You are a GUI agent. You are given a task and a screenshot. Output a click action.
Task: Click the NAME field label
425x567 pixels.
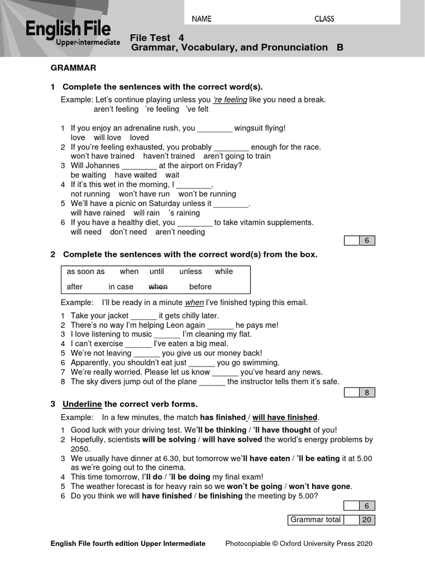click(201, 19)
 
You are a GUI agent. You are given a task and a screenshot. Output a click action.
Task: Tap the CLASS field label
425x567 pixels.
click(324, 19)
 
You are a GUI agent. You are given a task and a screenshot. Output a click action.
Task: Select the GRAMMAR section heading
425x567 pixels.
click(74, 68)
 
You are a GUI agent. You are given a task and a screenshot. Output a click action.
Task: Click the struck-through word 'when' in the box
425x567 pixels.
click(158, 287)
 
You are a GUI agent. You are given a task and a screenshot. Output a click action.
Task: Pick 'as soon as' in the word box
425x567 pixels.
click(85, 271)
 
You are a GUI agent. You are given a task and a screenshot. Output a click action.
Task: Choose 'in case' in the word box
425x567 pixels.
click(121, 287)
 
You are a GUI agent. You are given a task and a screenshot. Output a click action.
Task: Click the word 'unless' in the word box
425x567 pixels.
click(190, 271)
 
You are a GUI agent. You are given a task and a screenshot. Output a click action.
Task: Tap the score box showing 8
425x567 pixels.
click(366, 393)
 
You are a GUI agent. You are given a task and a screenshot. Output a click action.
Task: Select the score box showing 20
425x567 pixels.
click(366, 519)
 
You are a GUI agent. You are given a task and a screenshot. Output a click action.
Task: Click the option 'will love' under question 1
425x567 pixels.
click(107, 137)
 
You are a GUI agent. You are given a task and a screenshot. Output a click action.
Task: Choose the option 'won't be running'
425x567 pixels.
click(207, 194)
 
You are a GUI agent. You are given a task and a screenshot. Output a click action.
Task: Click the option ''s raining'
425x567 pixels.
click(184, 213)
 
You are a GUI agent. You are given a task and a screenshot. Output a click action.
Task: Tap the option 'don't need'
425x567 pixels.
click(128, 232)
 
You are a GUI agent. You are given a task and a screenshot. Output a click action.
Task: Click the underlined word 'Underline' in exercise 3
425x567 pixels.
click(82, 404)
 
